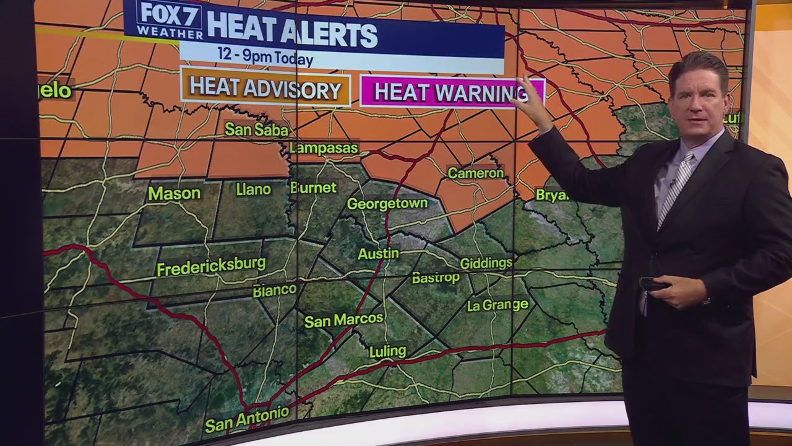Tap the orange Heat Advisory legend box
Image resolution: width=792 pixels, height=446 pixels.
(x=265, y=88)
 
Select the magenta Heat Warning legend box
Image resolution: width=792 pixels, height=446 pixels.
(x=451, y=93)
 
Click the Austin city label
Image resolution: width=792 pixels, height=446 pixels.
(x=378, y=254)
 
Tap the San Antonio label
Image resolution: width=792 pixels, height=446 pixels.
(x=246, y=420)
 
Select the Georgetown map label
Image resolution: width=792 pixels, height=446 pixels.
(x=387, y=203)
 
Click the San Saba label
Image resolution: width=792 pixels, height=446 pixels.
(x=256, y=129)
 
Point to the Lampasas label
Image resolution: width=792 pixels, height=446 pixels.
(x=324, y=148)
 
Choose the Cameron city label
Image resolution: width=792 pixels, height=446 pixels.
(x=475, y=173)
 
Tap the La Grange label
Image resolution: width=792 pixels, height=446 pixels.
(x=497, y=305)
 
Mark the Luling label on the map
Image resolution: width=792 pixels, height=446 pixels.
(x=387, y=352)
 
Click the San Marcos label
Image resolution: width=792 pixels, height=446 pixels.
(x=343, y=320)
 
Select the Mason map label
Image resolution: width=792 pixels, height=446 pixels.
(x=174, y=193)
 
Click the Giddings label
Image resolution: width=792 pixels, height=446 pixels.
(x=486, y=263)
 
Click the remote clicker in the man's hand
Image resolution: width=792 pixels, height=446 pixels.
(x=653, y=284)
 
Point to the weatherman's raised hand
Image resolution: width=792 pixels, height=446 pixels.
(x=531, y=99)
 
